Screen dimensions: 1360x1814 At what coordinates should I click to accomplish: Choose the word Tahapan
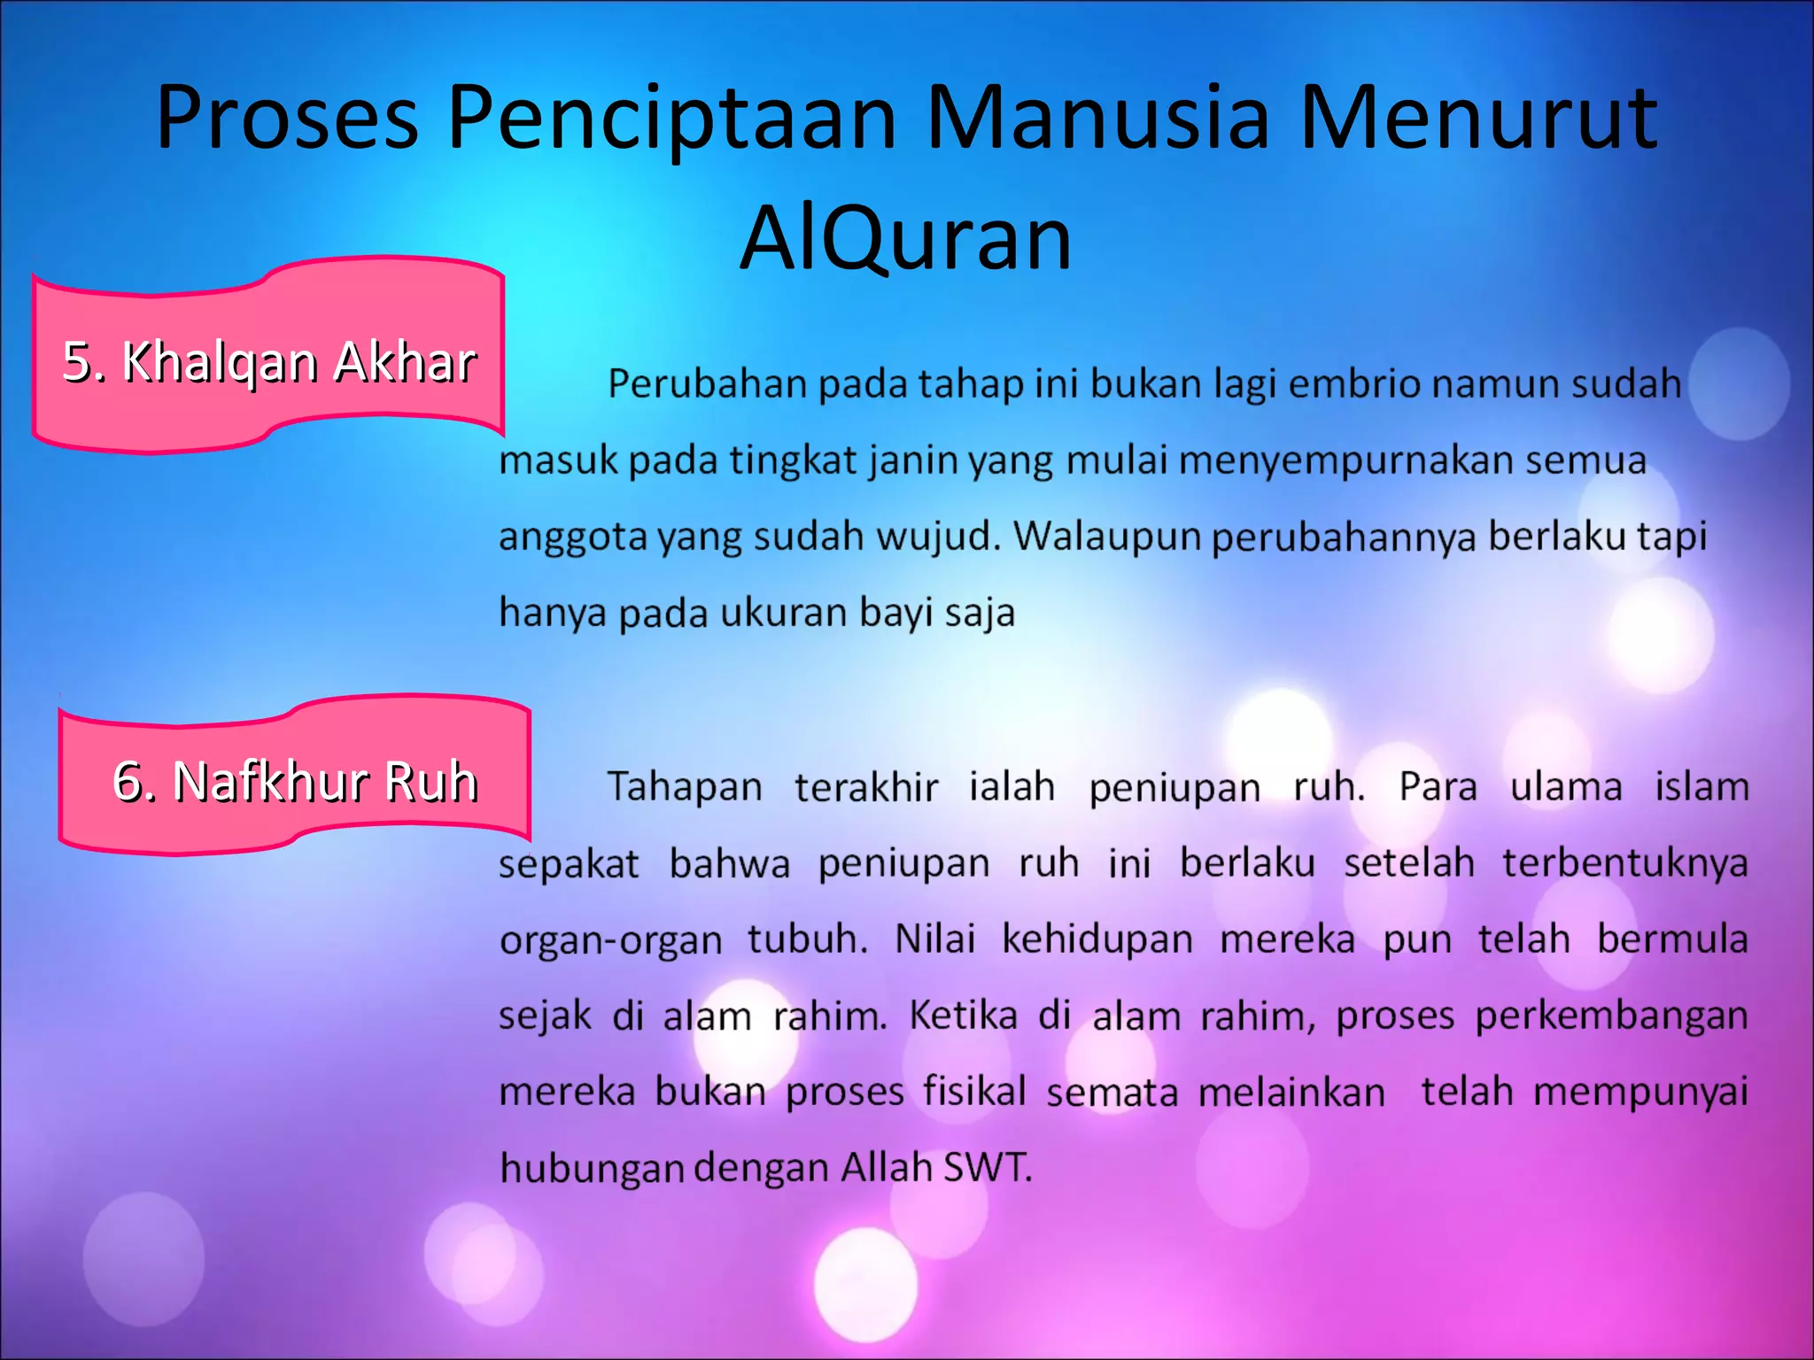[x=684, y=787]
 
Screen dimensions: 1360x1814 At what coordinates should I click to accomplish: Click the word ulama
[x=1566, y=787]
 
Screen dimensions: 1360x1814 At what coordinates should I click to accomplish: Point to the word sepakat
[x=569, y=864]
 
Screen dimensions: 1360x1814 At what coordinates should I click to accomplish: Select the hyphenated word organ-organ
[x=611, y=940]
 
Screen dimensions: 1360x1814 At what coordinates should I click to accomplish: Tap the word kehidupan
[x=1097, y=939]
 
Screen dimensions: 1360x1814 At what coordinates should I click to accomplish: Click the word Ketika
[x=964, y=1015]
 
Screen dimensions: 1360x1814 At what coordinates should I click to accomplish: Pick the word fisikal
[x=974, y=1091]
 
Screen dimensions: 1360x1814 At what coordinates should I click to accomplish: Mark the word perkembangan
[x=1611, y=1016]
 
